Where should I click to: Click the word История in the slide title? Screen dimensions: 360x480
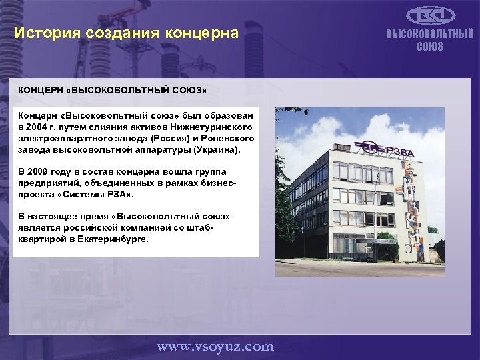(44, 33)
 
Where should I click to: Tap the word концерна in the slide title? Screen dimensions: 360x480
(204, 33)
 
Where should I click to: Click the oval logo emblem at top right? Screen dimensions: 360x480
(430, 15)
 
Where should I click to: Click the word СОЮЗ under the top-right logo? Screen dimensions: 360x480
(430, 47)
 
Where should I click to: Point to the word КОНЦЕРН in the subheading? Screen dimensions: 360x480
(41, 89)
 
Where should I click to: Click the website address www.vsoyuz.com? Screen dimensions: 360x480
(215, 346)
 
